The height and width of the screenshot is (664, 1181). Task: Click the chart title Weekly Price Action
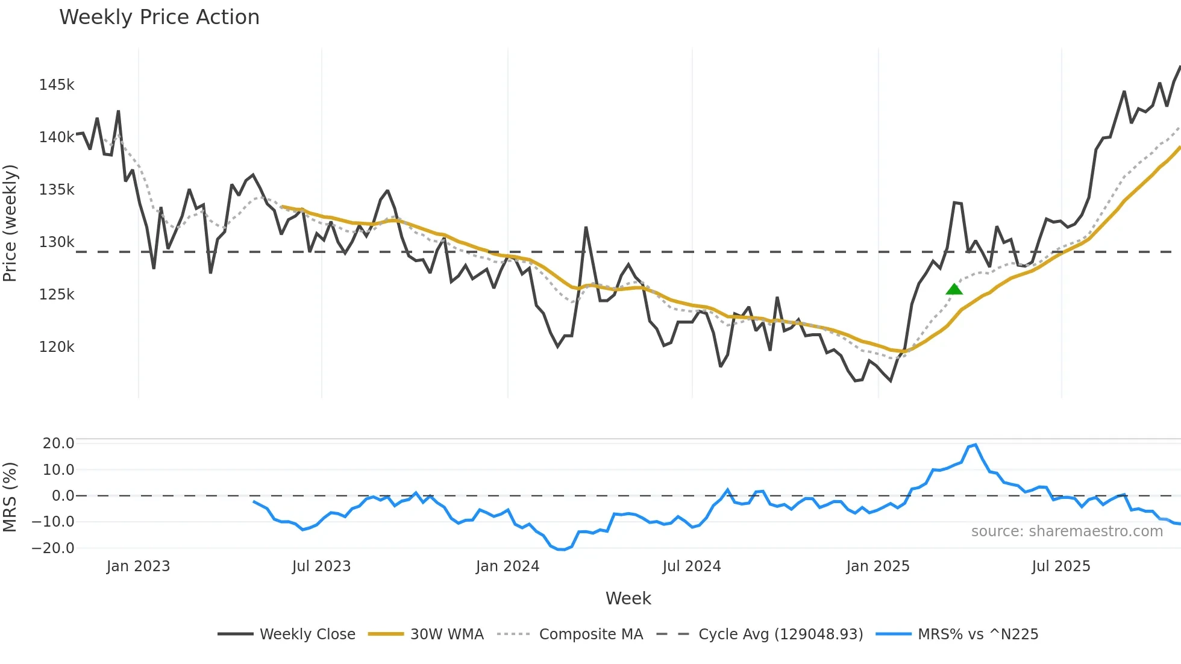point(159,17)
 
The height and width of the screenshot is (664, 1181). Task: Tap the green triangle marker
point(954,290)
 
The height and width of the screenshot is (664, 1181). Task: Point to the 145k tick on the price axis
point(57,85)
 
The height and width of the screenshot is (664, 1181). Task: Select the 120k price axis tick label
point(57,347)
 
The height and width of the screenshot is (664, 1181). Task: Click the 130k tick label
point(57,242)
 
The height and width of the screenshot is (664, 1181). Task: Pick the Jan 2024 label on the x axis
point(507,566)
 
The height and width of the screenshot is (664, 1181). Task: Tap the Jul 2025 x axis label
point(1060,566)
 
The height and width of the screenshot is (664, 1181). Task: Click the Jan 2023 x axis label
point(138,566)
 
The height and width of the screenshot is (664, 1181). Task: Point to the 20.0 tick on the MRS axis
point(58,443)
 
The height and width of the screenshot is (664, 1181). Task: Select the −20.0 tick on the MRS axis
point(53,548)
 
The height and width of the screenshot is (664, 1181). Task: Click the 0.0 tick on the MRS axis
point(63,496)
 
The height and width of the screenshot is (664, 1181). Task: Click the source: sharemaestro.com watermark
point(1067,531)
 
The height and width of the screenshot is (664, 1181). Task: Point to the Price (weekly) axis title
point(10,223)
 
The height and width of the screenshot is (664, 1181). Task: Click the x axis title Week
point(628,598)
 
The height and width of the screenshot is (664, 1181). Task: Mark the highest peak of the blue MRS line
point(976,445)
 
